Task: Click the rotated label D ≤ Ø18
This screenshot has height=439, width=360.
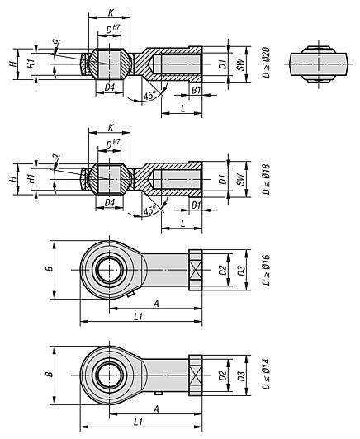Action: (254, 179)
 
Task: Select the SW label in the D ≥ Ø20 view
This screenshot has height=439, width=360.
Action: (239, 64)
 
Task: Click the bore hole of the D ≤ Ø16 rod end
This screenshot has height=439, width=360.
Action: (109, 270)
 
